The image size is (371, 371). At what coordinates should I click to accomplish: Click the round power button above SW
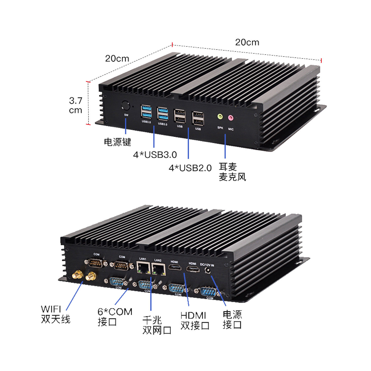tap(125, 106)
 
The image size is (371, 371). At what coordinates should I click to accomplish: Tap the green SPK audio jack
tap(220, 116)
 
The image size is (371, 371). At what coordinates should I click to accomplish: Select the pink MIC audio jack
tap(231, 118)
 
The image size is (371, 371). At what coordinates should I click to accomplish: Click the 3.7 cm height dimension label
tap(75, 105)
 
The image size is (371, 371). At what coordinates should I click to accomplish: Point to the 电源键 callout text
tap(117, 142)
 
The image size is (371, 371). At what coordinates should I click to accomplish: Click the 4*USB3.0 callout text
tap(155, 155)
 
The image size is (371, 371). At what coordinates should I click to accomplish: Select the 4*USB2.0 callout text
tap(190, 168)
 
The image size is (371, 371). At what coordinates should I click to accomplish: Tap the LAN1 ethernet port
tap(144, 268)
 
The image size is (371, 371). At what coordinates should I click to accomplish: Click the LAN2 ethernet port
tap(159, 269)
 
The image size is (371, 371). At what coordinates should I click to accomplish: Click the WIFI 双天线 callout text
tap(55, 314)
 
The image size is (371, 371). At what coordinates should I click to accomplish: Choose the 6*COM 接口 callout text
tap(115, 317)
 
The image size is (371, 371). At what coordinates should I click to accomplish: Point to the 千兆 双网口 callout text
tap(157, 325)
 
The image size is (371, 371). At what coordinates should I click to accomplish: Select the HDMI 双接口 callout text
tap(195, 320)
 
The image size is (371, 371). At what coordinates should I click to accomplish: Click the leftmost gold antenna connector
tap(77, 275)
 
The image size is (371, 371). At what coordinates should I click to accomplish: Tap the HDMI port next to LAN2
tap(175, 267)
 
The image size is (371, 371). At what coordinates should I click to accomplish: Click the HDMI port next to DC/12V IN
tap(193, 269)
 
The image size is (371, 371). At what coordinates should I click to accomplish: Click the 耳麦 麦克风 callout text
tap(232, 172)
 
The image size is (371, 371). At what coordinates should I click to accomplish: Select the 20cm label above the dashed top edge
tap(247, 42)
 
